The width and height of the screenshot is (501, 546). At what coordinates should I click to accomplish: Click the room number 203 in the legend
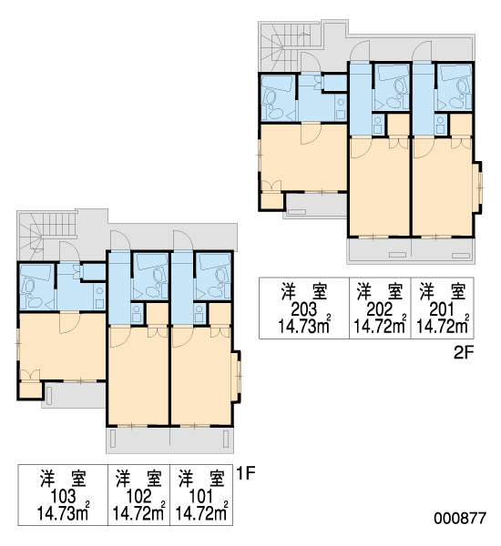pos(304,308)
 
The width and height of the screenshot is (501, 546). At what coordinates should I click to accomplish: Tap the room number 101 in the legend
pos(201,496)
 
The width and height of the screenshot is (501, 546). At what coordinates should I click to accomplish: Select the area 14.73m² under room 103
pos(63,513)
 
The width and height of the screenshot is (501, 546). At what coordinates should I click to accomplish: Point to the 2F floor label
pos(464,353)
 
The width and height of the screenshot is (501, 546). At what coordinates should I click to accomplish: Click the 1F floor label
pos(245,473)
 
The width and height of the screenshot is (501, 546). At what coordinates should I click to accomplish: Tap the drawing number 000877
pos(460,519)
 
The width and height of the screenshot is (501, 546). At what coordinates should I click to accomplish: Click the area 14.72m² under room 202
pos(380,327)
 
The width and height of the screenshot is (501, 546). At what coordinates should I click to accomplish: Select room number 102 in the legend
pos(138,496)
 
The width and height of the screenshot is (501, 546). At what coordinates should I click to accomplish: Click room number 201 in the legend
pos(442,308)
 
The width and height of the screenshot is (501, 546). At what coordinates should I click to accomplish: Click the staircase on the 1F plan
pos(47,235)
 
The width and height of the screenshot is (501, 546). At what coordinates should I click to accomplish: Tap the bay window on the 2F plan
pos(478,187)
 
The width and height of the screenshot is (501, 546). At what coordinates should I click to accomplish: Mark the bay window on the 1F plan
pos(237,377)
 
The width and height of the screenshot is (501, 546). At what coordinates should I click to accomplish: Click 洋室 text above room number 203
pos(304,292)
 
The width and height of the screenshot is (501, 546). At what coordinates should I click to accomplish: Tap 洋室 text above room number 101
pos(201,480)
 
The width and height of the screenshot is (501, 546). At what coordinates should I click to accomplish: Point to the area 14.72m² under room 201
pos(442,327)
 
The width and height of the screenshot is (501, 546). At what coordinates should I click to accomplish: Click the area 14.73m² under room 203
pos(304,327)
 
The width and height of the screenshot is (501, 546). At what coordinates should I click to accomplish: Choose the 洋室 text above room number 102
pos(138,480)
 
